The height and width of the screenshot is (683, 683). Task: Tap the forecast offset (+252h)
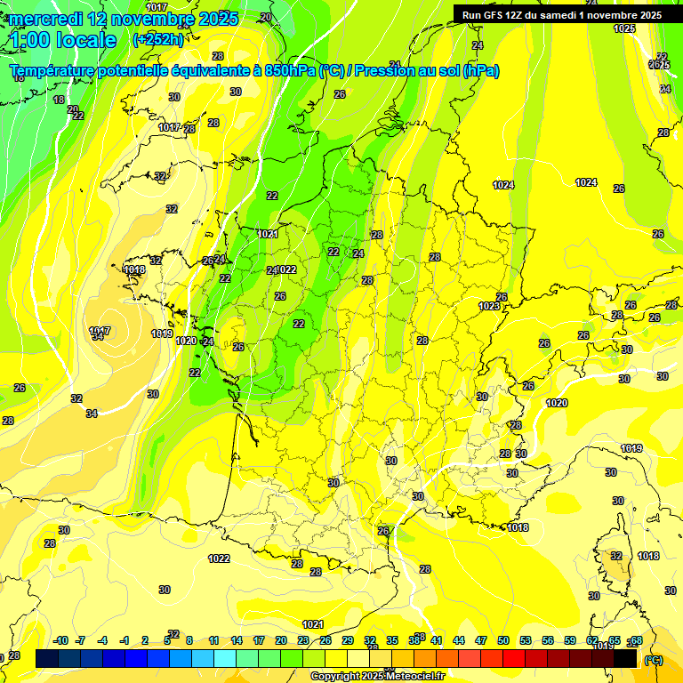click(157, 40)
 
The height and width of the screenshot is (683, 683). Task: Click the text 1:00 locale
click(62, 40)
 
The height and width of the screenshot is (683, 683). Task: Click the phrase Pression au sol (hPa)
click(427, 71)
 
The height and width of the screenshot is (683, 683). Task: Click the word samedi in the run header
click(577, 15)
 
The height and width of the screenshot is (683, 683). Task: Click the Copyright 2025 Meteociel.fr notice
click(377, 676)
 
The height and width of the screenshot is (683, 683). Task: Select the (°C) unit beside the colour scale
click(653, 660)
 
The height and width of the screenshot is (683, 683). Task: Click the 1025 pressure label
click(625, 28)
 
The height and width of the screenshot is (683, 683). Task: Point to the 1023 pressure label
click(489, 306)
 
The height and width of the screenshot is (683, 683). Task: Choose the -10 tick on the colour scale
click(60, 640)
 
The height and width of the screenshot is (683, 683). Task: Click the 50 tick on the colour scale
click(503, 640)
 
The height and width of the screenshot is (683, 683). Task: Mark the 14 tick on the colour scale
click(236, 640)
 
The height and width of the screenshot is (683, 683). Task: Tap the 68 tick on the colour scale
click(637, 640)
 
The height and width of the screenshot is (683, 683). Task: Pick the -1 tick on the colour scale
click(125, 640)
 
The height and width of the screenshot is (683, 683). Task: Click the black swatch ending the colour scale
click(625, 658)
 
